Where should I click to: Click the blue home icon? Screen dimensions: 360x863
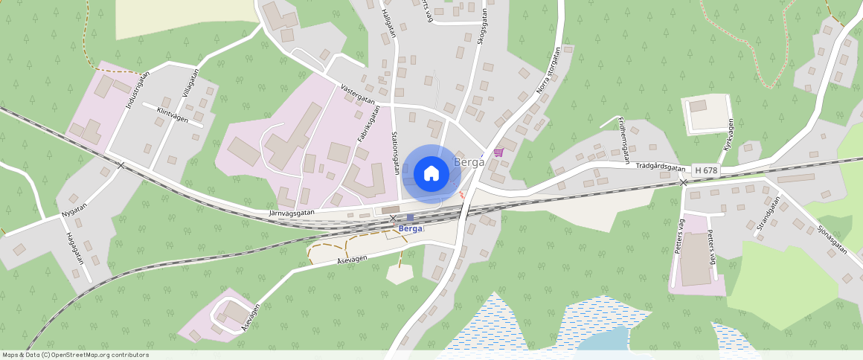click(431, 174)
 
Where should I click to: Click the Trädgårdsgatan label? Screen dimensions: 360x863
click(660, 168)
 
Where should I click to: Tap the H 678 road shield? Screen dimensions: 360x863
click(706, 170)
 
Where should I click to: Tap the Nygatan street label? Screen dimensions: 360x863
click(74, 210)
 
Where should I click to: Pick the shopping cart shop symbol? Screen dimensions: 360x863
click(498, 152)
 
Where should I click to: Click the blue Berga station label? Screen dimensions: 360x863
click(411, 228)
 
